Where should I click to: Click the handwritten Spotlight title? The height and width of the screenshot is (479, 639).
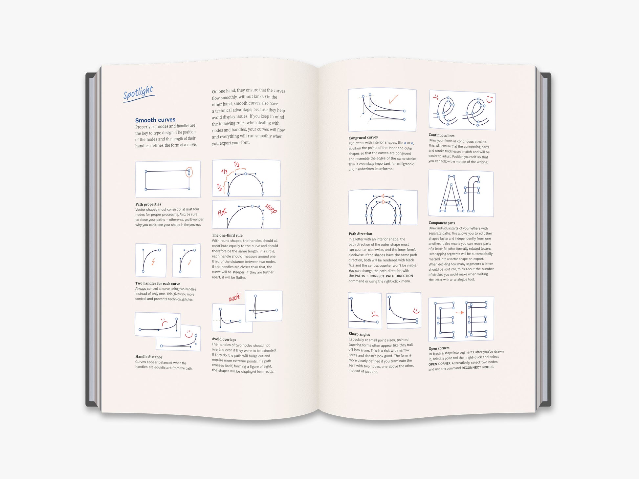139,93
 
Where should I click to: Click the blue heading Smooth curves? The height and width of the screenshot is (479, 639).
155,120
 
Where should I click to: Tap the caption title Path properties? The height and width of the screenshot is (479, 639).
148,204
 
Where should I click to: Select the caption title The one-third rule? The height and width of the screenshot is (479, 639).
227,235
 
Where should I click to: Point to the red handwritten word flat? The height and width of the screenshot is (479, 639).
222,212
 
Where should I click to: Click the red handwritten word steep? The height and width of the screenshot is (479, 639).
271,208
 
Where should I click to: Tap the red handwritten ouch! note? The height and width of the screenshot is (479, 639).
235,297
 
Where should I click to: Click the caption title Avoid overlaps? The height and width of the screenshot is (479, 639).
224,339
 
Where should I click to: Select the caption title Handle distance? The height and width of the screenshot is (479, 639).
149,357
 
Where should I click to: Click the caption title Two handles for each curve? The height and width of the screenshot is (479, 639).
158,283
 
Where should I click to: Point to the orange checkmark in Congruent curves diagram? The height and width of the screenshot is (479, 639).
393,99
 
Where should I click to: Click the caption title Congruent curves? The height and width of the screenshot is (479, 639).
363,137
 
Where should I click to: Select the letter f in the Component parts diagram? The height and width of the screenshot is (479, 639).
472,194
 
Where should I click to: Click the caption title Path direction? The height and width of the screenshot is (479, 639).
360,234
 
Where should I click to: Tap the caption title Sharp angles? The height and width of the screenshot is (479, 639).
359,334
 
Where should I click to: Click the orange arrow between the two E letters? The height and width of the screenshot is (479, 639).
460,313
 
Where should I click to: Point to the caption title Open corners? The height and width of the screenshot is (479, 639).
439,348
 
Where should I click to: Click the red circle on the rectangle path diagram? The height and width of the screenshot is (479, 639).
189,172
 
